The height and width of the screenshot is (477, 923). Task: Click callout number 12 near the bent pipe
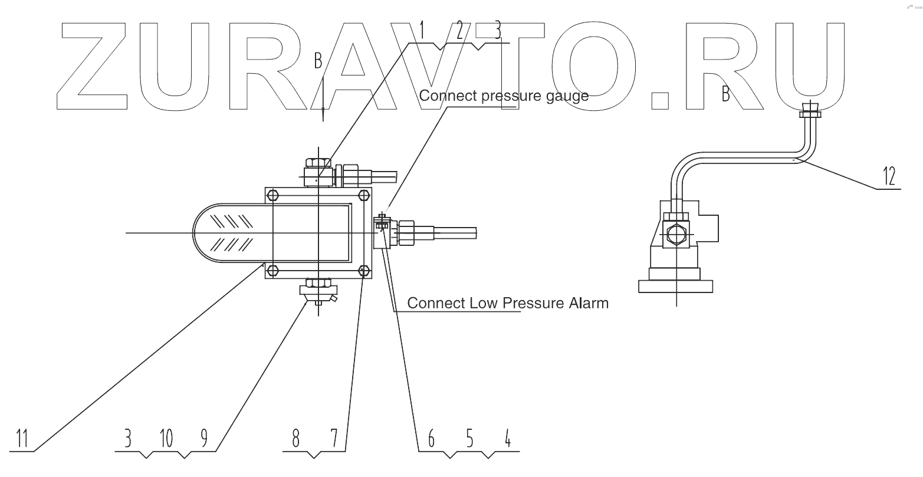(x=889, y=175)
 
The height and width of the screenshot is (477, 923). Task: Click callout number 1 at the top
(x=422, y=29)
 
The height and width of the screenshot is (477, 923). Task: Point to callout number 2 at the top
(x=461, y=29)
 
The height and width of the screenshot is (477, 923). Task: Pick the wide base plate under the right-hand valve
(x=676, y=286)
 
